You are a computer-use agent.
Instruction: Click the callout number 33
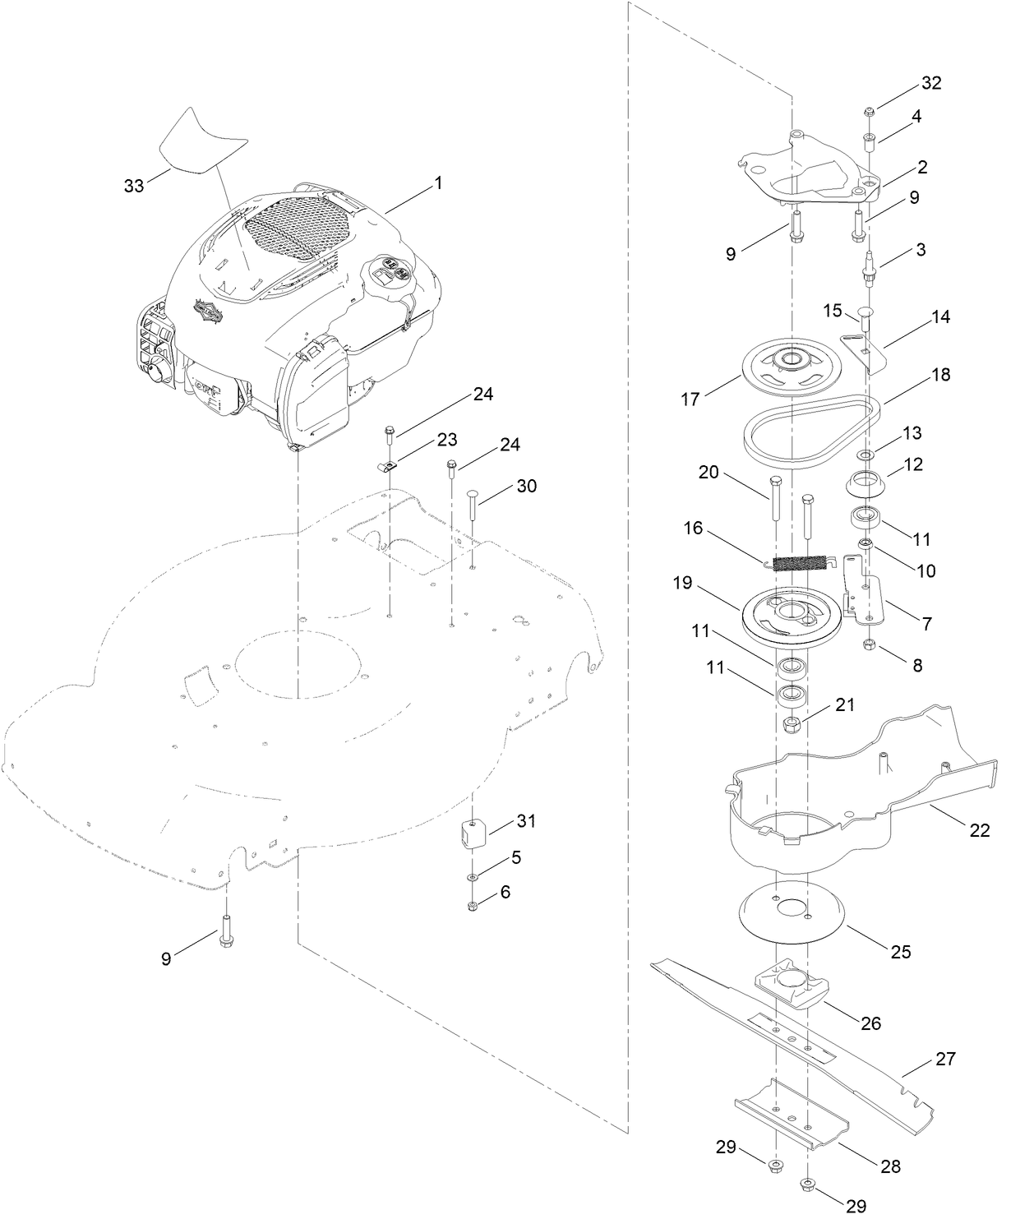[133, 186]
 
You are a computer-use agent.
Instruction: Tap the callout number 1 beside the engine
[438, 182]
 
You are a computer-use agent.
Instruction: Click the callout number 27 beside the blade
[946, 1059]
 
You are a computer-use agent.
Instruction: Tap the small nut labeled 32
[869, 110]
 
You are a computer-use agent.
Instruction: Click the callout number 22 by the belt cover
[979, 830]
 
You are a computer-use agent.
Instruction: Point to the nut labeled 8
[869, 644]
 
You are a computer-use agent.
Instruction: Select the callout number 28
[889, 1166]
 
